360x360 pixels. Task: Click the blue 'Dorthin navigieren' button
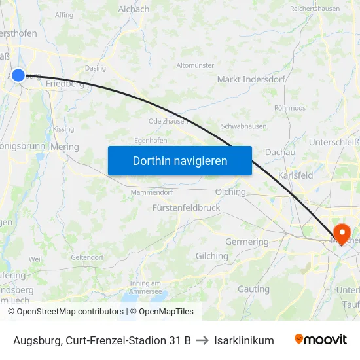coord(179,160)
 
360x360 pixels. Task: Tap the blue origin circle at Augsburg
coord(18,75)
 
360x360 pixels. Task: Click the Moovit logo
coord(320,340)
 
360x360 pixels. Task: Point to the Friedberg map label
coord(65,84)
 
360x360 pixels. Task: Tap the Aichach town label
coord(134,9)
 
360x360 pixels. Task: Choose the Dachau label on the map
coord(280,152)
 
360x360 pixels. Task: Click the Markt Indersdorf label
coord(251,79)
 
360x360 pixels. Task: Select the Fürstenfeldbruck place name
coord(187,207)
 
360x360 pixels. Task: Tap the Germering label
coord(247,242)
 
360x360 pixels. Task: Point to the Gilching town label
coord(211,256)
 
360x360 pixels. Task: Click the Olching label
coord(230,192)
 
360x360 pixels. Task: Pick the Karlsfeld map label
coord(295,175)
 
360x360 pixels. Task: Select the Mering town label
coord(64,147)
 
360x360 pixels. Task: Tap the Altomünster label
coord(195,65)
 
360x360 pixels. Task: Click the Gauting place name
coord(253,289)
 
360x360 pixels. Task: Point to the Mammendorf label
coord(151,192)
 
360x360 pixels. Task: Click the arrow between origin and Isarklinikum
coord(202,340)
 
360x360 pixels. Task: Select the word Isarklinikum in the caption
coord(243,340)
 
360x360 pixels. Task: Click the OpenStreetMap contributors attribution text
coord(66,312)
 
